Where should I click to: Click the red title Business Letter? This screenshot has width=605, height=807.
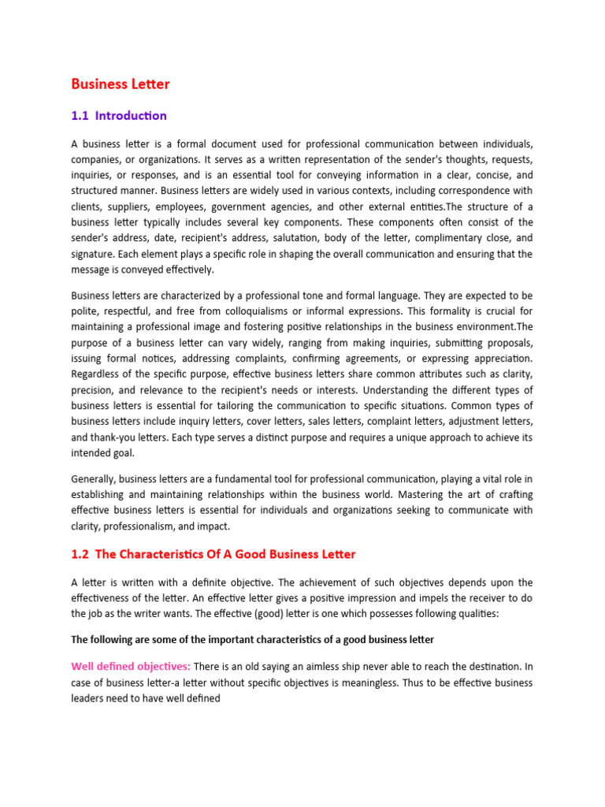click(121, 84)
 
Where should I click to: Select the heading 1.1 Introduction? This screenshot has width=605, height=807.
click(119, 116)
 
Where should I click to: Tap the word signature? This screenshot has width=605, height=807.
click(98, 254)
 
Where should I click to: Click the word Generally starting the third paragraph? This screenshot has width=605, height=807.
click(98, 478)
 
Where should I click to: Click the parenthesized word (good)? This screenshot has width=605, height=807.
click(260, 614)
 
